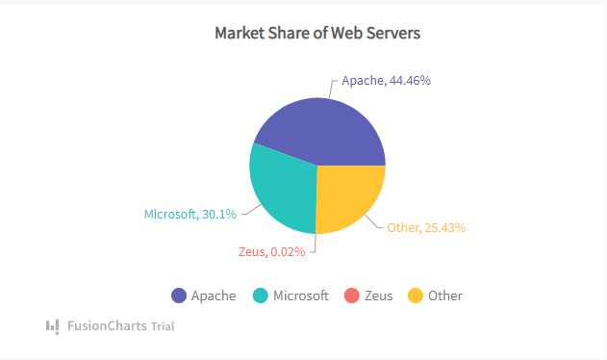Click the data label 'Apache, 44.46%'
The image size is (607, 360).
(386, 81)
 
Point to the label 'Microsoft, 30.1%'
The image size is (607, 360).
(190, 214)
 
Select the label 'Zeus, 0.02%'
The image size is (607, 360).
(271, 252)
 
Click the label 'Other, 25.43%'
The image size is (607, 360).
(426, 228)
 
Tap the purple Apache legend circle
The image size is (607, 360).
(179, 296)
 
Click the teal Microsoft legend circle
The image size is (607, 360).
(261, 296)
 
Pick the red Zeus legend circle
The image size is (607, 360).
(351, 296)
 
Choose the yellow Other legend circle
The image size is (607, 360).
(416, 296)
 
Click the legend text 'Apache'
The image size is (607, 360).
(213, 296)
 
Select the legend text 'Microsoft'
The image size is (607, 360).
(300, 296)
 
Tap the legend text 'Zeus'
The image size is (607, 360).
(379, 296)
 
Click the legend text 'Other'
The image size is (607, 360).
(445, 296)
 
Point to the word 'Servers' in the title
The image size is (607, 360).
(393, 33)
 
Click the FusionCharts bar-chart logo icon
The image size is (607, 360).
(52, 325)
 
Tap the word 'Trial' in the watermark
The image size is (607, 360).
(163, 326)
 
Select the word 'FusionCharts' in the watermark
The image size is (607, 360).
(107, 326)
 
